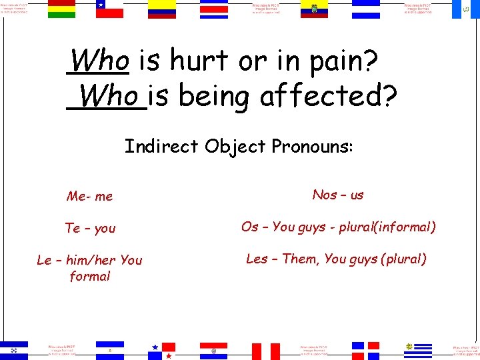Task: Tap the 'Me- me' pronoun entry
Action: pos(90,196)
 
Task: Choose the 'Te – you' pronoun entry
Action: pos(90,228)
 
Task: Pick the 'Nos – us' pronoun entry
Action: pos(338,195)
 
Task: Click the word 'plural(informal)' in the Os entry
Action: pos(387,227)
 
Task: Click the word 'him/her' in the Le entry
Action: pos(91,260)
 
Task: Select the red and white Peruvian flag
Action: pos(265,351)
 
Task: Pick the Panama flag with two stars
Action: pos(162,351)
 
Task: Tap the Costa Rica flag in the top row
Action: pos(213,9)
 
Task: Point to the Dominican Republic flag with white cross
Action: pos(366,351)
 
